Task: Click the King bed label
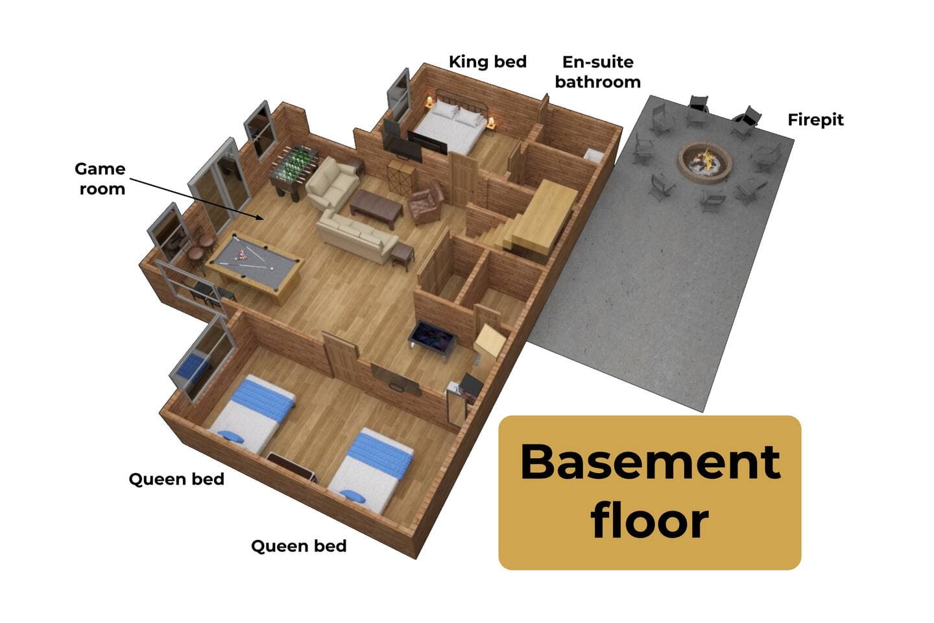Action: tap(488, 62)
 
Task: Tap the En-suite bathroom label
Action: tap(597, 72)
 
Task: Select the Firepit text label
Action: tap(815, 120)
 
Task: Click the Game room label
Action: tap(100, 178)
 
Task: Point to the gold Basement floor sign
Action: tap(650, 493)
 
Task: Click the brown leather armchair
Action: tap(426, 202)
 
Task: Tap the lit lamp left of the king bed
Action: tap(429, 101)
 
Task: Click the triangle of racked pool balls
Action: tap(241, 255)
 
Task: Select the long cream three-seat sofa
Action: tap(357, 236)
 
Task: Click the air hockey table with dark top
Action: tap(432, 338)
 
